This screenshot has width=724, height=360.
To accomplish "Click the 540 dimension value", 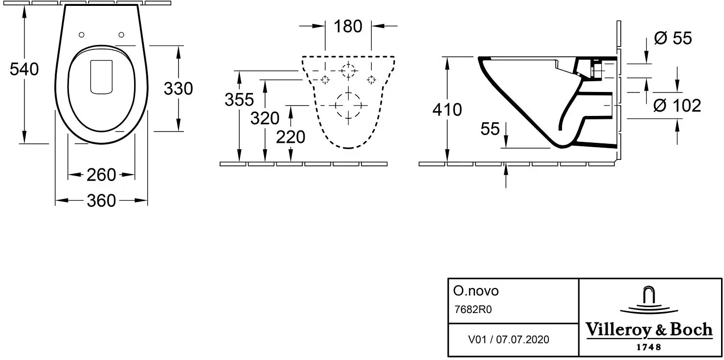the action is click(24, 69).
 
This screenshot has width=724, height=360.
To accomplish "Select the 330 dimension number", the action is click(179, 89).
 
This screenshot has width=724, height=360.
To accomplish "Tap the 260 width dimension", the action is click(101, 175).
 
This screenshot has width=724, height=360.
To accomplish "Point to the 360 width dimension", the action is click(101, 201).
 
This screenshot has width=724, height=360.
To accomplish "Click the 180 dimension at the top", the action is click(348, 26).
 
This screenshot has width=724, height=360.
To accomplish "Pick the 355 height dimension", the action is click(239, 99).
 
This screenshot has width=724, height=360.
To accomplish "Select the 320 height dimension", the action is click(265, 118).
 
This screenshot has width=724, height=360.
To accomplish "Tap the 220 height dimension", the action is click(291, 137).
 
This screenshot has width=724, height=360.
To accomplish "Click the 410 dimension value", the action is click(447, 110).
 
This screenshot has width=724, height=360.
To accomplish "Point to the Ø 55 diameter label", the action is click(673, 38).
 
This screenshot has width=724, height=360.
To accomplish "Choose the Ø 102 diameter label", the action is click(677, 106).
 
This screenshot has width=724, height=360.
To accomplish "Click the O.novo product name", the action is click(476, 291).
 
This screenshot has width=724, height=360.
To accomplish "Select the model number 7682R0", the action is click(473, 310).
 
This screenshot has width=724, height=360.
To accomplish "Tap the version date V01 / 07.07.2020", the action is click(508, 339).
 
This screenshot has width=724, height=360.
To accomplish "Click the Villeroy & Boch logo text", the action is click(649, 330).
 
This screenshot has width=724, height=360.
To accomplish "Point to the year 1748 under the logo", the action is click(649, 347).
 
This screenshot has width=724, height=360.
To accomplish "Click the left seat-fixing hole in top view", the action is click(81, 35).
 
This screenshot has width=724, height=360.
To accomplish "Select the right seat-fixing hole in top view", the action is click(121, 35).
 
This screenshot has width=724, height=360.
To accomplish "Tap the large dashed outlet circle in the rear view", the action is click(348, 93).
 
